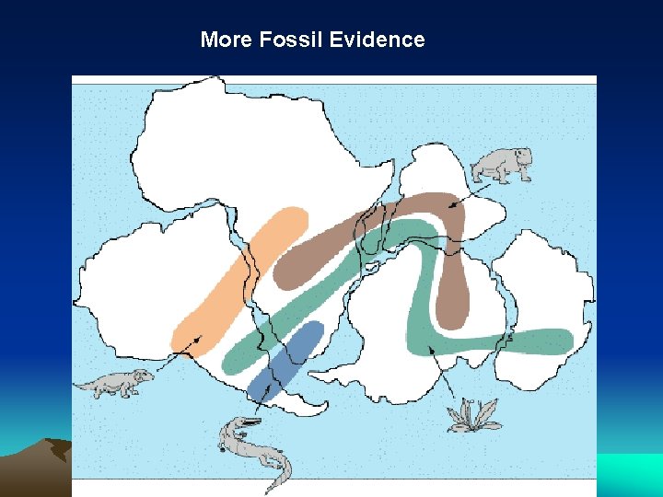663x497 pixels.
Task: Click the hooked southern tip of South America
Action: (x=318, y=408)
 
